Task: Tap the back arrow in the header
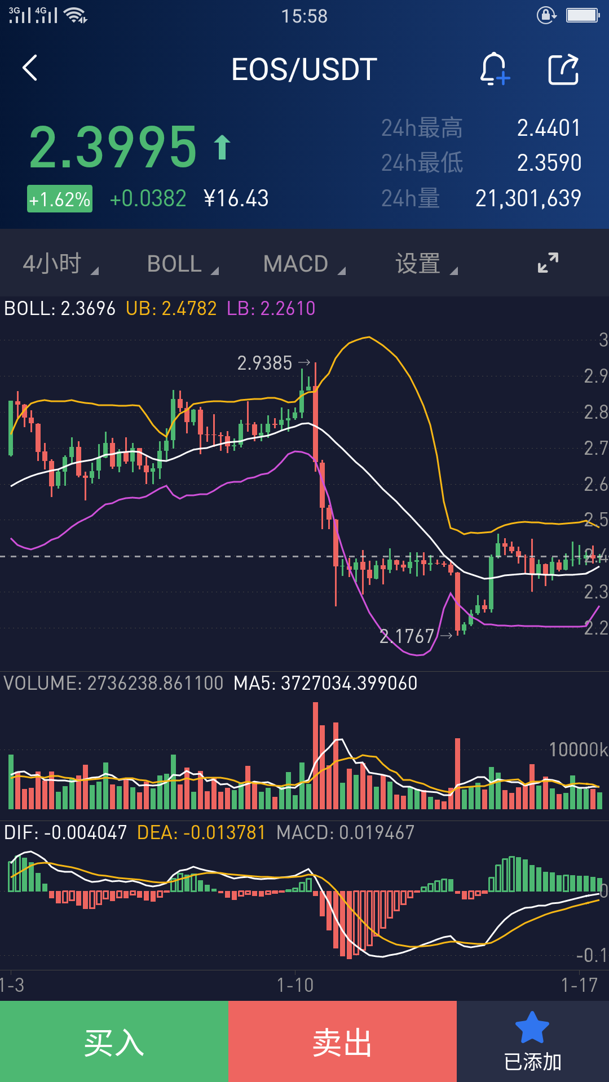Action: [30, 68]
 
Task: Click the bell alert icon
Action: [495, 69]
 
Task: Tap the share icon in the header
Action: [563, 69]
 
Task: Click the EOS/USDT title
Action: [304, 69]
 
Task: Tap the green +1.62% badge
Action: [60, 199]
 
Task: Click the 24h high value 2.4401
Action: [549, 128]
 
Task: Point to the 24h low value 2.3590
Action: [549, 163]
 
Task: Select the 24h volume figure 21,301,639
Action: [528, 198]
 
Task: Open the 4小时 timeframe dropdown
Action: [60, 263]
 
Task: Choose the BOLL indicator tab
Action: [182, 264]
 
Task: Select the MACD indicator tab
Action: [304, 264]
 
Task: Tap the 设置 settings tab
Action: [426, 264]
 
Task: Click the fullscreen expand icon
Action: [548, 263]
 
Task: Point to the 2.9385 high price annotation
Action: [264, 363]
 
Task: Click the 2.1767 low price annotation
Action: [407, 636]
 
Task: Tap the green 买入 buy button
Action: [114, 1041]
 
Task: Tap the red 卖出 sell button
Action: [342, 1041]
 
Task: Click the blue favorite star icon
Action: [532, 1027]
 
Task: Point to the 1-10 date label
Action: [295, 985]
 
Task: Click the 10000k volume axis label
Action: [579, 750]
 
